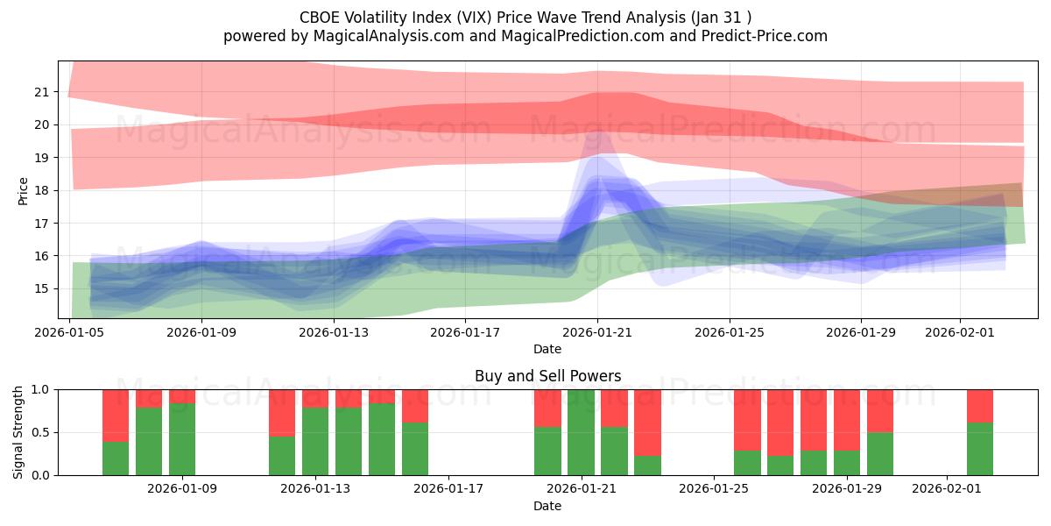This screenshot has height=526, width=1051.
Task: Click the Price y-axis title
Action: [23, 190]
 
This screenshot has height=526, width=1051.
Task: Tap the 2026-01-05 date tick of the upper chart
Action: [70, 332]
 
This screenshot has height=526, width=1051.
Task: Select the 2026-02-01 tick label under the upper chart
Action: [960, 332]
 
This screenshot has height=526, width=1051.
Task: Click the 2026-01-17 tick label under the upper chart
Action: [465, 332]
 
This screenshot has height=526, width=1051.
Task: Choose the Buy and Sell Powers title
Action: [547, 376]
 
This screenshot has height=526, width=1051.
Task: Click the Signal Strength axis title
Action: [18, 432]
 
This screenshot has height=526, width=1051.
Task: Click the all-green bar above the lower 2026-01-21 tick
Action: [581, 432]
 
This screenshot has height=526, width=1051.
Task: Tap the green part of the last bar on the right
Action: [980, 449]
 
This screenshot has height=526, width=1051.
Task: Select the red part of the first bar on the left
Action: [116, 414]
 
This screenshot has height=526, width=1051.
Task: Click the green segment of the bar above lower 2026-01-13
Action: [315, 441]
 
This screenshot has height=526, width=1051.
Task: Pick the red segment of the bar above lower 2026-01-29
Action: [847, 419]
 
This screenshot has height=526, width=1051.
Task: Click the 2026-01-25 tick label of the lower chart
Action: [714, 488]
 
